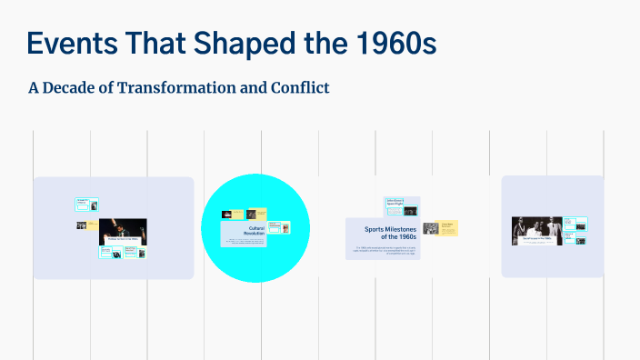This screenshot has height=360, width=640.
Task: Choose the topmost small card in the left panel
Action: tap(86, 205)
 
